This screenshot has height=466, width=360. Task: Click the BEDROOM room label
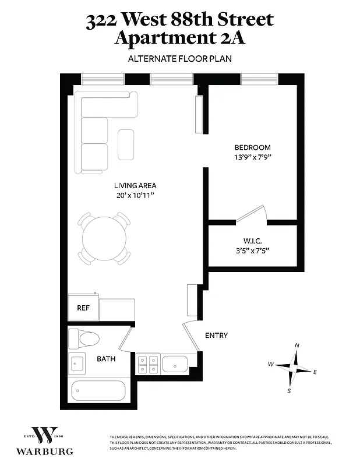[x=252, y=147]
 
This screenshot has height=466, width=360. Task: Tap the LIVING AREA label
[x=135, y=186]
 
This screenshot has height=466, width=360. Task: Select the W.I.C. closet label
[x=252, y=241]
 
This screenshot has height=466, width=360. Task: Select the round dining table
[x=104, y=238]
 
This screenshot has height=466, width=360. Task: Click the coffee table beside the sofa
[x=126, y=144]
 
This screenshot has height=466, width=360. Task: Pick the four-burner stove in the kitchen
[x=147, y=365]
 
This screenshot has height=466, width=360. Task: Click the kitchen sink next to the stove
[x=175, y=365]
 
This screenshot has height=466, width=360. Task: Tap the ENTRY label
[x=216, y=336]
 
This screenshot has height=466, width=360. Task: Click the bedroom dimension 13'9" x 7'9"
[x=252, y=157]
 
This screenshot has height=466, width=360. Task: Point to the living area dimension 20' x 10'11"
[x=135, y=196]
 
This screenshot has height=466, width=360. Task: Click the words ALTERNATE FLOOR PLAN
[x=179, y=58]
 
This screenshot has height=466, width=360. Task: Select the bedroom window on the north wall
[x=259, y=79]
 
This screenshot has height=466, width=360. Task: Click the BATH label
[x=106, y=359]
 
